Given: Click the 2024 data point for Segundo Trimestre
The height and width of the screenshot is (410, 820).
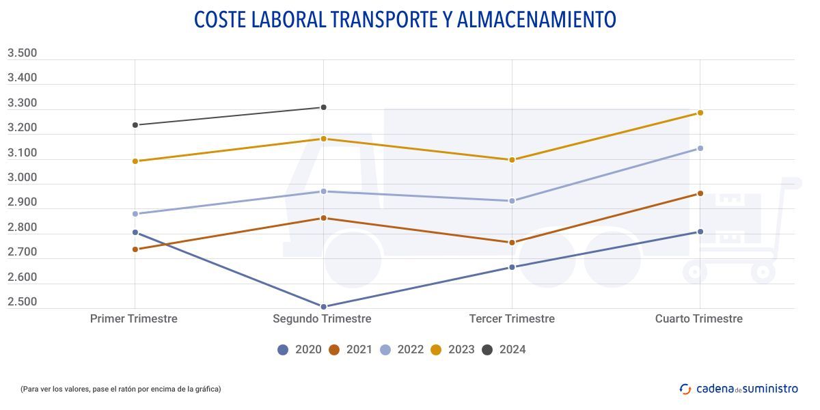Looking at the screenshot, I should point(323,107).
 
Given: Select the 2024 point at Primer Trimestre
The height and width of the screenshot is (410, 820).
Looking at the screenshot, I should point(135,125).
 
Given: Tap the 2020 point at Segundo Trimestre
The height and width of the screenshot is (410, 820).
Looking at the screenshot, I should point(323,306).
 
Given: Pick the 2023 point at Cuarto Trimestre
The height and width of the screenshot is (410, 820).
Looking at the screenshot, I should point(700,113).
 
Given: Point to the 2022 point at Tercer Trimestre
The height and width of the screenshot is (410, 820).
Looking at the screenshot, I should point(512,201).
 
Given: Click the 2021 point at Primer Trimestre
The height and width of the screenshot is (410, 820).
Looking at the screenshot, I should point(135,249).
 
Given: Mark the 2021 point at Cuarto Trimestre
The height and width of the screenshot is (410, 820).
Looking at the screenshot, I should point(700,193).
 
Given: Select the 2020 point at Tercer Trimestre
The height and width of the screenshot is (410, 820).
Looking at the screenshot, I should point(512,267).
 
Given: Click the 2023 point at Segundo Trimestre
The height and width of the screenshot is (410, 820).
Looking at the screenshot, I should point(323,139).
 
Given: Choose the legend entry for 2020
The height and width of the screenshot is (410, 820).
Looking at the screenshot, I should point(299,350).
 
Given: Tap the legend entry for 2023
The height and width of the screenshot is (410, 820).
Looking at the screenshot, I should point(452,350).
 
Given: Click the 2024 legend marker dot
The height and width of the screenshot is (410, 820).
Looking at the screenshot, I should point(487,350).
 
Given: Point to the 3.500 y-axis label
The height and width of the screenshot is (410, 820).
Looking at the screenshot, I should point(22,53).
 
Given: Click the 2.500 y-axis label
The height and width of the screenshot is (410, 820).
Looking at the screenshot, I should point(22,302).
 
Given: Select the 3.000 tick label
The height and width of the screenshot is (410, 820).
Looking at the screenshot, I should point(22,178).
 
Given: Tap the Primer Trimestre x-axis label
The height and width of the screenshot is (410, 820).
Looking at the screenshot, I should point(134,318).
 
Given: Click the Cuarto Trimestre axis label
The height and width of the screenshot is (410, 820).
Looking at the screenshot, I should point(698,318).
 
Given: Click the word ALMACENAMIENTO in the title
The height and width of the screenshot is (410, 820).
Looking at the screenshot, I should point(535,20).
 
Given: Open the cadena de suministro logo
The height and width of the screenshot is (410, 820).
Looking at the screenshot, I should point(739,389).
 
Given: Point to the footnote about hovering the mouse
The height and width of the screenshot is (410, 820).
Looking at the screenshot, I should point(120,389).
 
